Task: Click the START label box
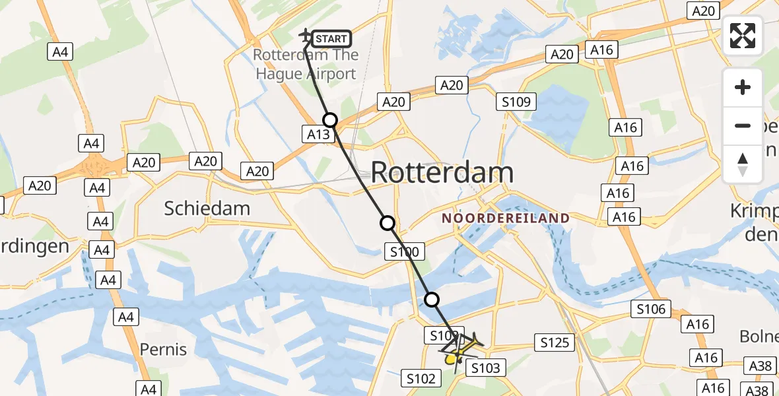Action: (x=331, y=39)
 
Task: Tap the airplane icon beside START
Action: (x=306, y=36)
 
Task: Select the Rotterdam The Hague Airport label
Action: (x=305, y=65)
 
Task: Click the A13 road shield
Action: (x=318, y=135)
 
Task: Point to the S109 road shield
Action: (x=516, y=102)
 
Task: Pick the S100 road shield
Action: (x=404, y=251)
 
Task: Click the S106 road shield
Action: (x=651, y=308)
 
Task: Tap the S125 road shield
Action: (x=554, y=343)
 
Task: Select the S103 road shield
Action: (x=486, y=368)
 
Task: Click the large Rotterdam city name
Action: (x=442, y=173)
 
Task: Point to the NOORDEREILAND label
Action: (x=506, y=218)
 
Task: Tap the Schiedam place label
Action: (x=207, y=209)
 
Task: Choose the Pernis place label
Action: (x=163, y=349)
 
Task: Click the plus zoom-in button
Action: (x=743, y=87)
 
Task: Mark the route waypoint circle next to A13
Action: (x=330, y=119)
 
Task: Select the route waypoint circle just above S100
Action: (x=388, y=223)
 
